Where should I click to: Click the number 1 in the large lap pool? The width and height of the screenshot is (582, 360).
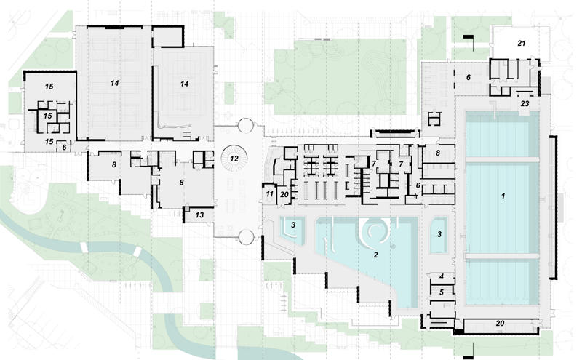(x=503, y=196)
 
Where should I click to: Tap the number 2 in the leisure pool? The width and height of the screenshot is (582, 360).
(x=375, y=255)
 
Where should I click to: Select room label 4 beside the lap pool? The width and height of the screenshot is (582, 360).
(x=442, y=276)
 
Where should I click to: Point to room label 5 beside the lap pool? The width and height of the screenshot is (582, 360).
(x=442, y=292)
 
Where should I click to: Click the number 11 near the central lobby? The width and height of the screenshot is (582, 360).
(x=269, y=194)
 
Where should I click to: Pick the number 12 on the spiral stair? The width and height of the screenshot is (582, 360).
(x=234, y=159)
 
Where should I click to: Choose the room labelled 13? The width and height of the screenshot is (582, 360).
(x=199, y=215)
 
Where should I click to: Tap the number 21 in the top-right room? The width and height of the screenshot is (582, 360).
(x=522, y=44)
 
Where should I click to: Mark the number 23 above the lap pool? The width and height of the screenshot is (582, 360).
(x=525, y=103)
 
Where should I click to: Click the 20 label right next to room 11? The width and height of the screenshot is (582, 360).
(x=284, y=194)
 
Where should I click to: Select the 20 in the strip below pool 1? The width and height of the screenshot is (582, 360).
(x=500, y=323)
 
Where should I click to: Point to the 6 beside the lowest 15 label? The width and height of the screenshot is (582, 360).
(x=64, y=148)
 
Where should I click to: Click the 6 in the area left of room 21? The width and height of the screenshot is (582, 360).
(x=469, y=78)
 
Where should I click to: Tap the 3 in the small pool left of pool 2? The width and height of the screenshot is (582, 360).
(x=293, y=225)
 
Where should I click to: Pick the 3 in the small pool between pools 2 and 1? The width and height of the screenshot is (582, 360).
(x=439, y=235)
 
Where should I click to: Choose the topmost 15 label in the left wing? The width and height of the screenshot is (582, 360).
(x=49, y=87)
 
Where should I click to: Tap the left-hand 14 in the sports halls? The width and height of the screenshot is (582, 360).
(x=114, y=83)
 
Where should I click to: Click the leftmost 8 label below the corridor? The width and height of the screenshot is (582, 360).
(x=114, y=165)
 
